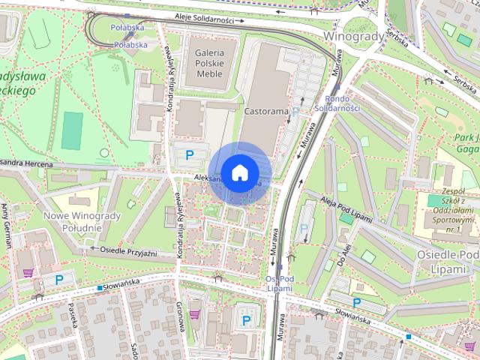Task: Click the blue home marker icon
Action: (x=238, y=172)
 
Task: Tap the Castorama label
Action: (x=266, y=111)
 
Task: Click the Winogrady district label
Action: (x=353, y=35)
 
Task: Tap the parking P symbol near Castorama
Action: (x=190, y=155)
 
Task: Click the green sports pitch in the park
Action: (x=72, y=130)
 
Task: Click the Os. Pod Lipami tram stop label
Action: (x=278, y=283)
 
